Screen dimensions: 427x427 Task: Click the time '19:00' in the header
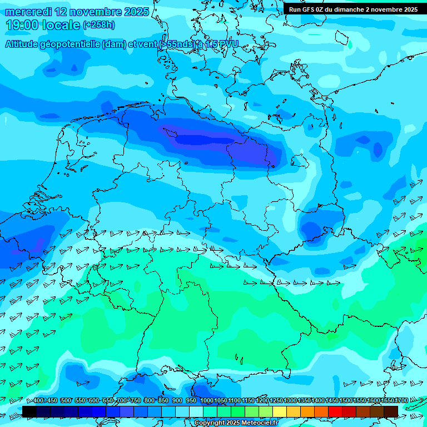point(22,25)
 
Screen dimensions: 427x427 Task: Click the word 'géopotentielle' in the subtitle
point(69,44)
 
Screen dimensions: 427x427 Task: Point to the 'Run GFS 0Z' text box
point(353,9)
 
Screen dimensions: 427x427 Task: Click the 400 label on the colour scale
point(38,401)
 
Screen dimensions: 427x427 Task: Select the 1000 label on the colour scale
point(207,401)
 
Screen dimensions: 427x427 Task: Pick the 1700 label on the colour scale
point(401,401)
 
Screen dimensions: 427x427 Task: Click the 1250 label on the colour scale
point(276,401)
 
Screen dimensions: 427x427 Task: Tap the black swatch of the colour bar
point(29,411)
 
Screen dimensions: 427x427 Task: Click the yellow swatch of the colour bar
point(280,411)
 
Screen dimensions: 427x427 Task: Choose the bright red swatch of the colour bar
point(335,411)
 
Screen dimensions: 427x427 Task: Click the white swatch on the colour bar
point(196,411)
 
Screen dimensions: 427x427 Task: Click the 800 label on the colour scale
point(149,401)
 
